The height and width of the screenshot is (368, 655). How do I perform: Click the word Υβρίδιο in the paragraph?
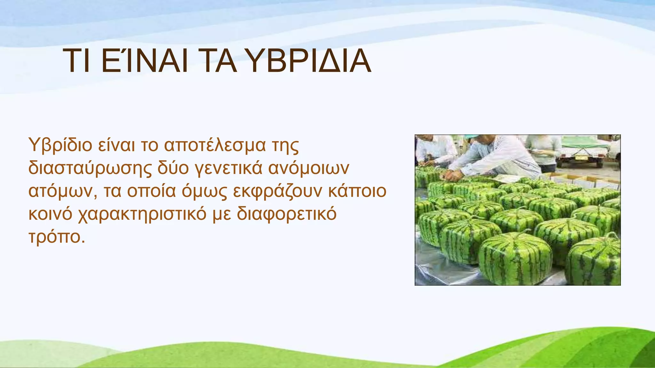(x=60, y=145)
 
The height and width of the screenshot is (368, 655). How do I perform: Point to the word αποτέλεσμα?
(x=215, y=145)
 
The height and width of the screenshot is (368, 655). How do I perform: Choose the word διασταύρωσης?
(x=90, y=169)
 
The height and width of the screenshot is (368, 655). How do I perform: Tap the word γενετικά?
(x=228, y=169)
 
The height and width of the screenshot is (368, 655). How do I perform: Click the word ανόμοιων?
(x=308, y=169)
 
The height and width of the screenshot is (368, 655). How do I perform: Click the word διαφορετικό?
(x=287, y=214)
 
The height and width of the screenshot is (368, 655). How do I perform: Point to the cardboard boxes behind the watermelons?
(x=582, y=180)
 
